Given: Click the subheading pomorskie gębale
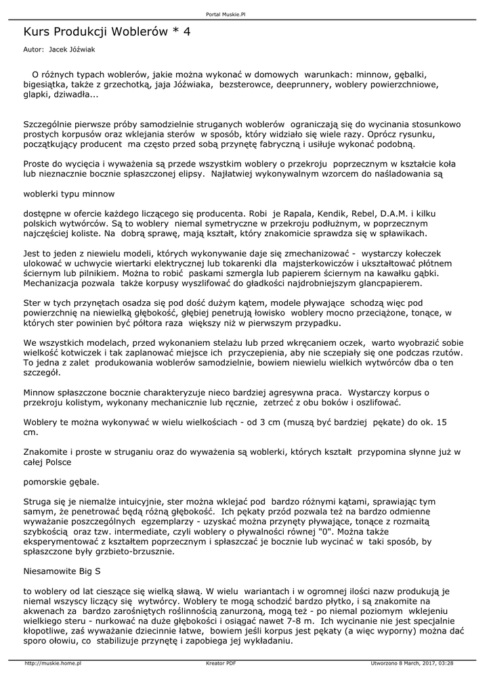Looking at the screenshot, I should [61, 482].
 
